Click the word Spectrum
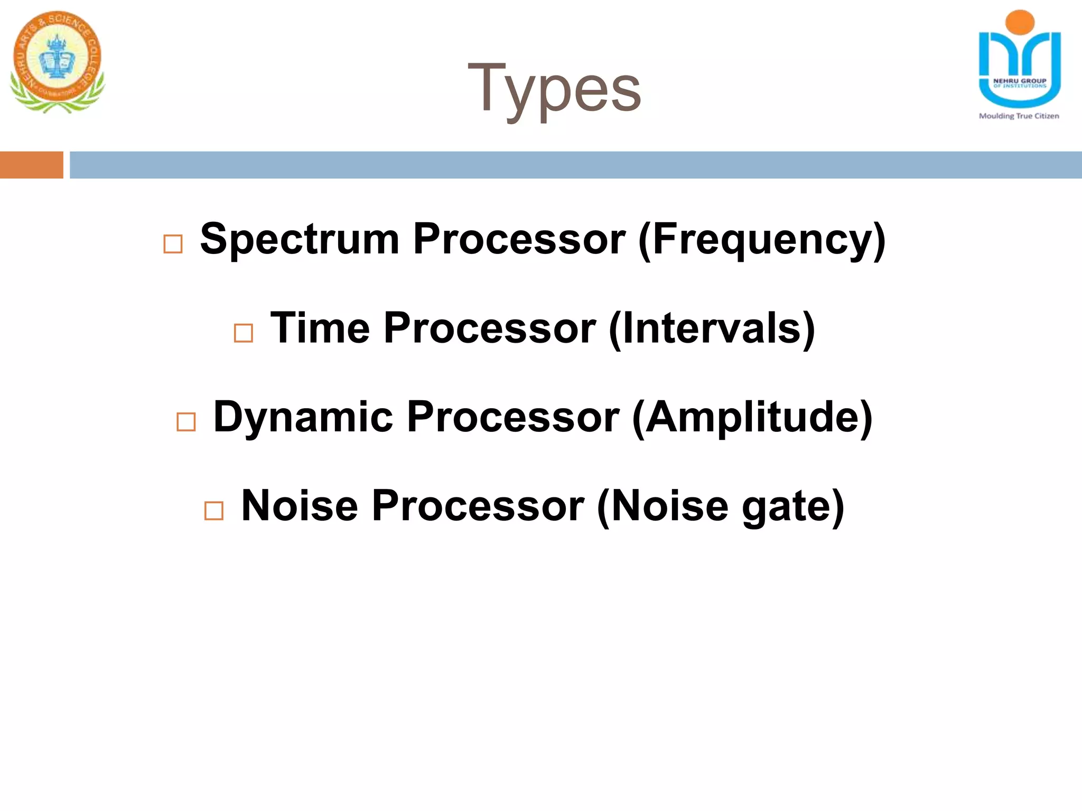tap(300, 239)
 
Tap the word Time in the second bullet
tap(320, 328)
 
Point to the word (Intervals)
tap(712, 328)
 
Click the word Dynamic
tap(303, 417)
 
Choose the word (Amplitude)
tap(752, 418)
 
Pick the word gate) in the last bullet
tap(793, 506)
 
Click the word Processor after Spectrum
tap(519, 239)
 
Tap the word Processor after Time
tap(490, 328)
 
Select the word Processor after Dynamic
tap(513, 417)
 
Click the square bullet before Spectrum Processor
tap(173, 244)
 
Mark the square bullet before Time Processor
tap(243, 333)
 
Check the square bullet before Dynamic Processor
tap(186, 422)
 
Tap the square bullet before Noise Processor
tap(214, 511)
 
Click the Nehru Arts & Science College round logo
tap(57, 61)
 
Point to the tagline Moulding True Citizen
tap(1019, 116)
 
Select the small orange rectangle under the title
tap(32, 165)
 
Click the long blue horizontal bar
tap(575, 165)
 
